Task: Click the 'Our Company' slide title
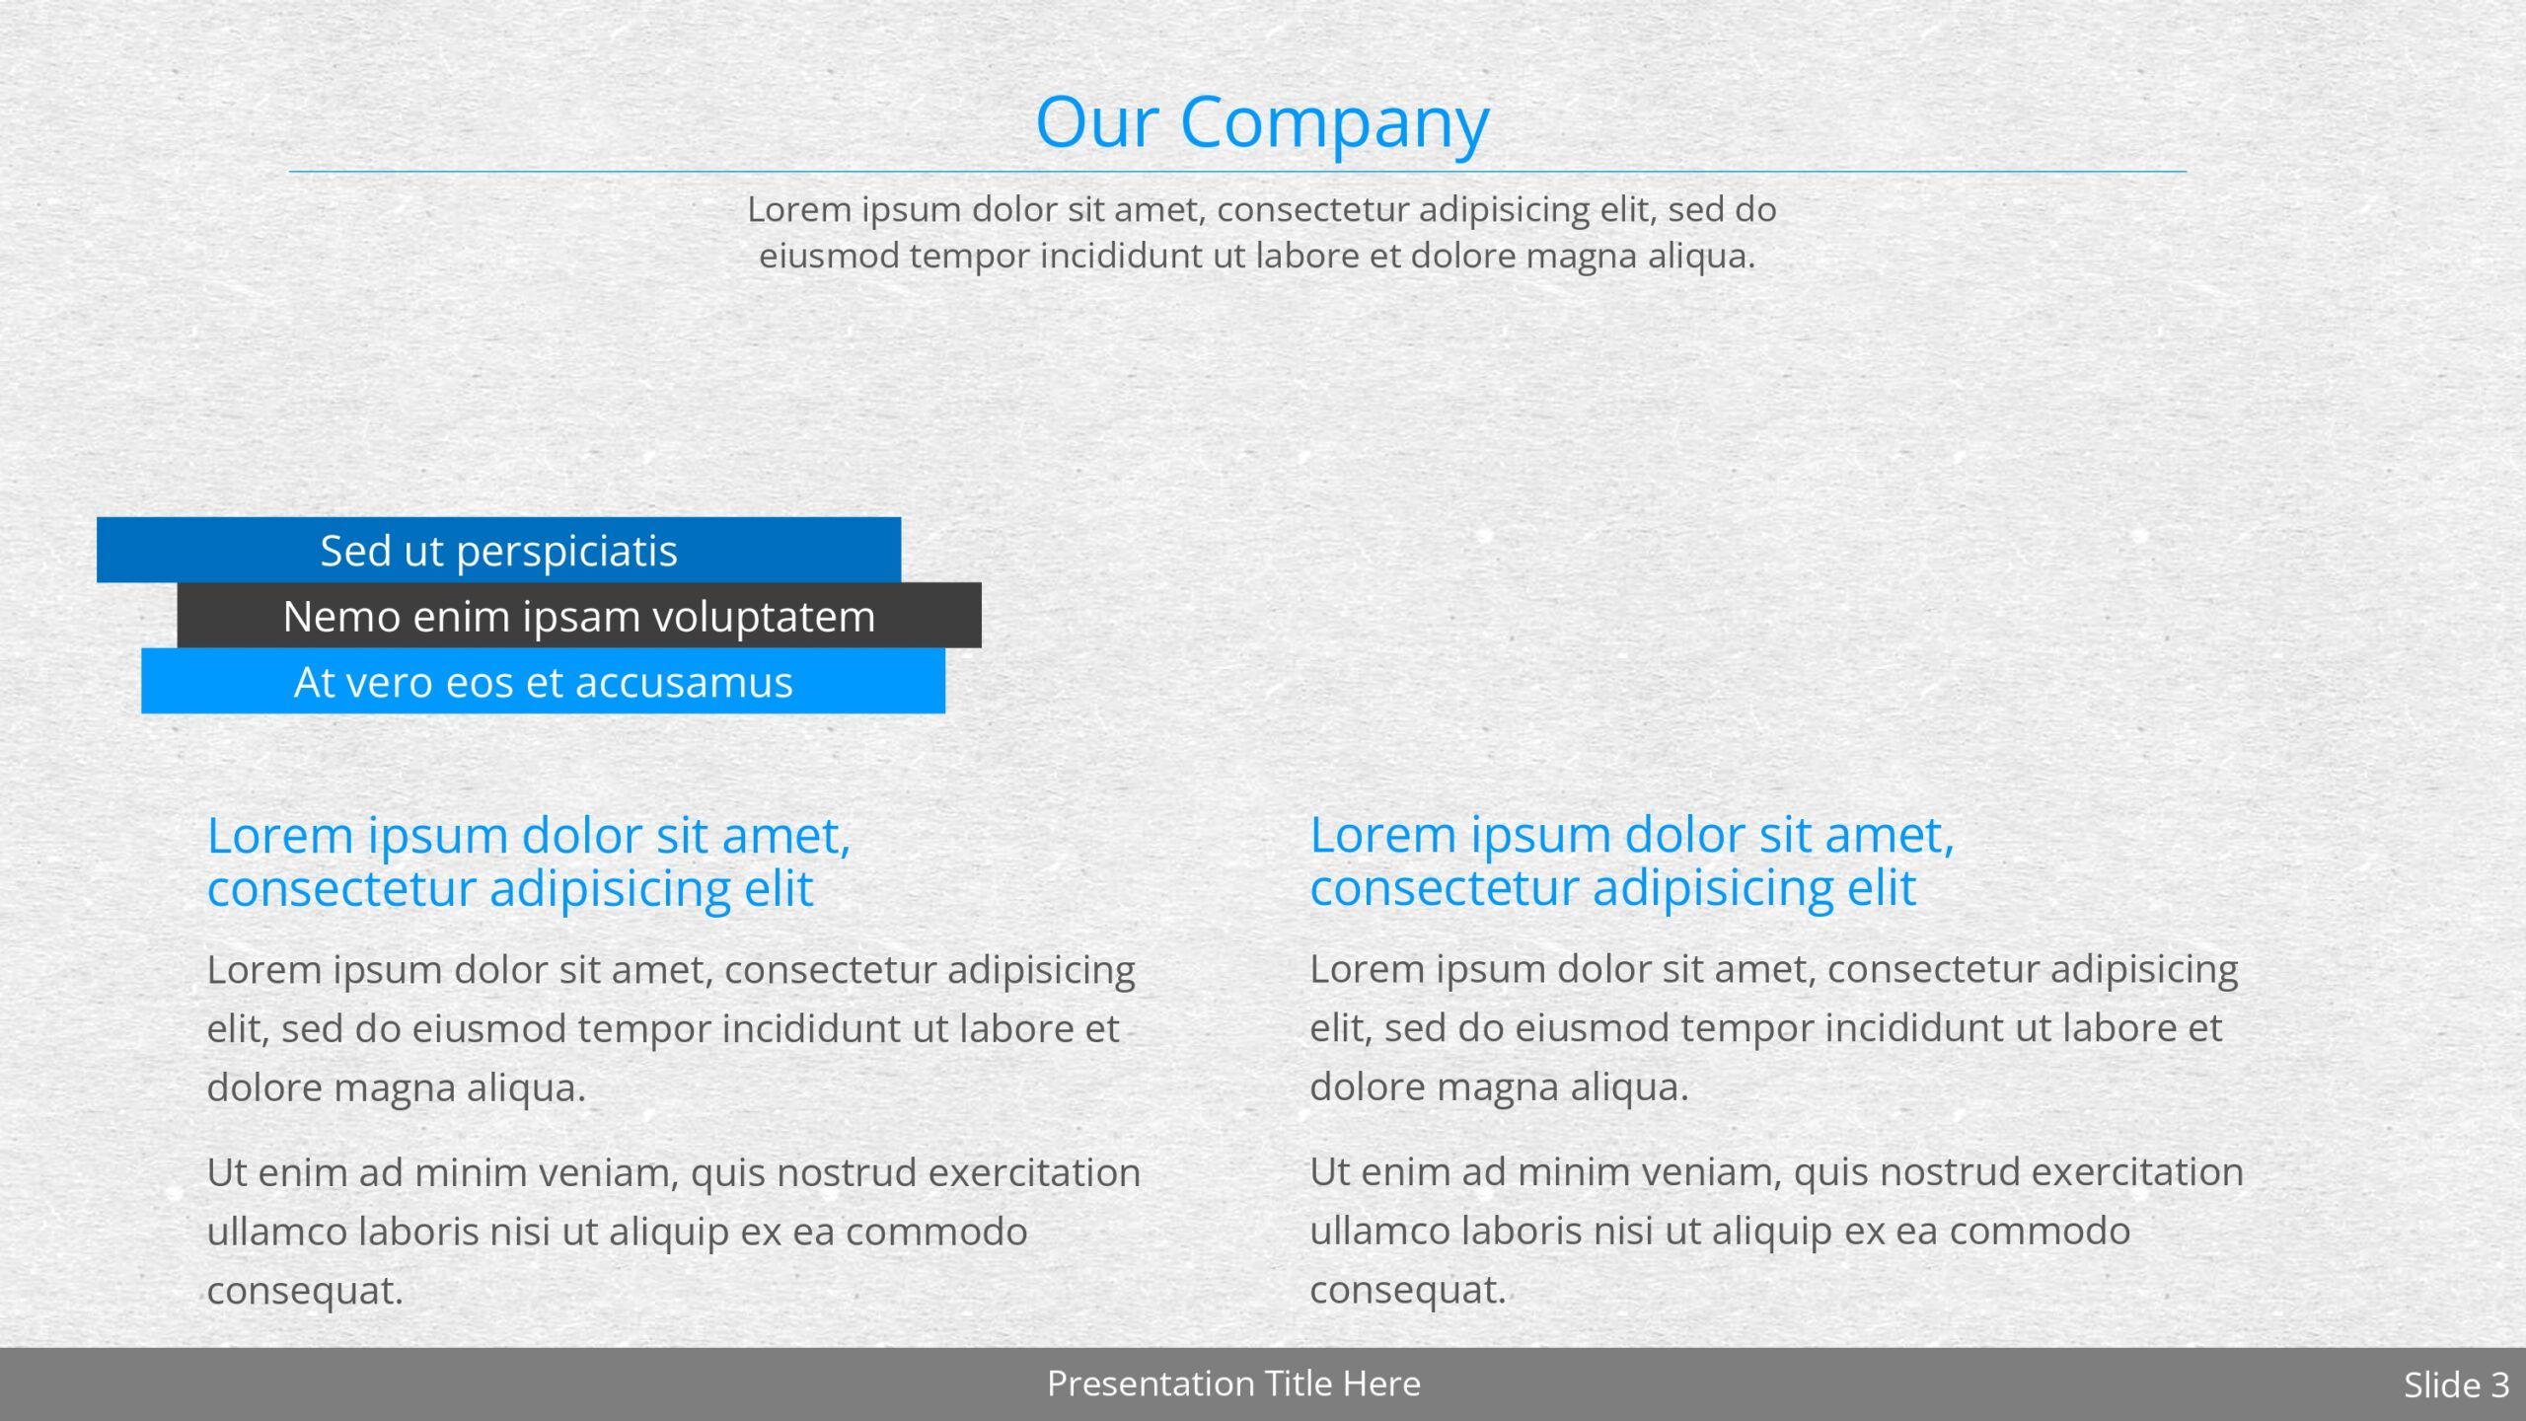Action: pyautogui.click(x=1262, y=123)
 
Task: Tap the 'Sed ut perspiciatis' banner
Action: pyautogui.click(x=498, y=550)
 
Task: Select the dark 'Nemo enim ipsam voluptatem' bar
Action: pyautogui.click(x=579, y=615)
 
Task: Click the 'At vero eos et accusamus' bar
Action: pyautogui.click(x=543, y=681)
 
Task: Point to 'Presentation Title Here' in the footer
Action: pyautogui.click(x=1233, y=1384)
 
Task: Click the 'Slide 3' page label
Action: pyautogui.click(x=2456, y=1384)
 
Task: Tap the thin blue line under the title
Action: pyautogui.click(x=1237, y=172)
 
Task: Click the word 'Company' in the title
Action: pyautogui.click(x=1335, y=123)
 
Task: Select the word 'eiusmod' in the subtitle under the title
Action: pyautogui.click(x=829, y=256)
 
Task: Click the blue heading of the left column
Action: pyautogui.click(x=529, y=861)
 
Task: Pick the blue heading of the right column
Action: pyautogui.click(x=1632, y=860)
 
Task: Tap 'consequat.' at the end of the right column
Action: pyautogui.click(x=1408, y=1290)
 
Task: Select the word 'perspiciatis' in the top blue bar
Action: pyautogui.click(x=566, y=552)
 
